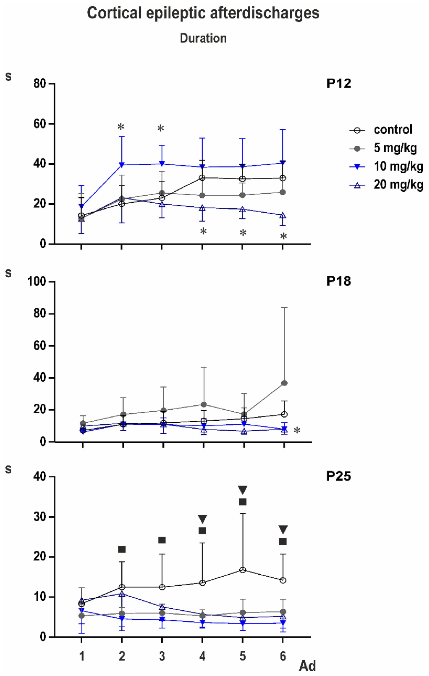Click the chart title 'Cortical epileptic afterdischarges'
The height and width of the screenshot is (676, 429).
coord(203,13)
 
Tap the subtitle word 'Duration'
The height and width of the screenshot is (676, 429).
coord(203,38)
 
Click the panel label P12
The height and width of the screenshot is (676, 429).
coord(339,84)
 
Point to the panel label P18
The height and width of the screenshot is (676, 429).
coord(339,281)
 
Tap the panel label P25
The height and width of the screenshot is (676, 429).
coord(339,476)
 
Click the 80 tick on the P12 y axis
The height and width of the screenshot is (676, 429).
coord(40,84)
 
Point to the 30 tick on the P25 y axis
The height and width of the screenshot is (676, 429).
coord(40,517)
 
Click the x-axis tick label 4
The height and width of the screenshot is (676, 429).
coord(202,656)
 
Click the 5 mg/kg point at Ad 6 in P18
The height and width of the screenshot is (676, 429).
coord(284,383)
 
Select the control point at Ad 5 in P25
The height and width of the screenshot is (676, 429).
coord(243,570)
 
